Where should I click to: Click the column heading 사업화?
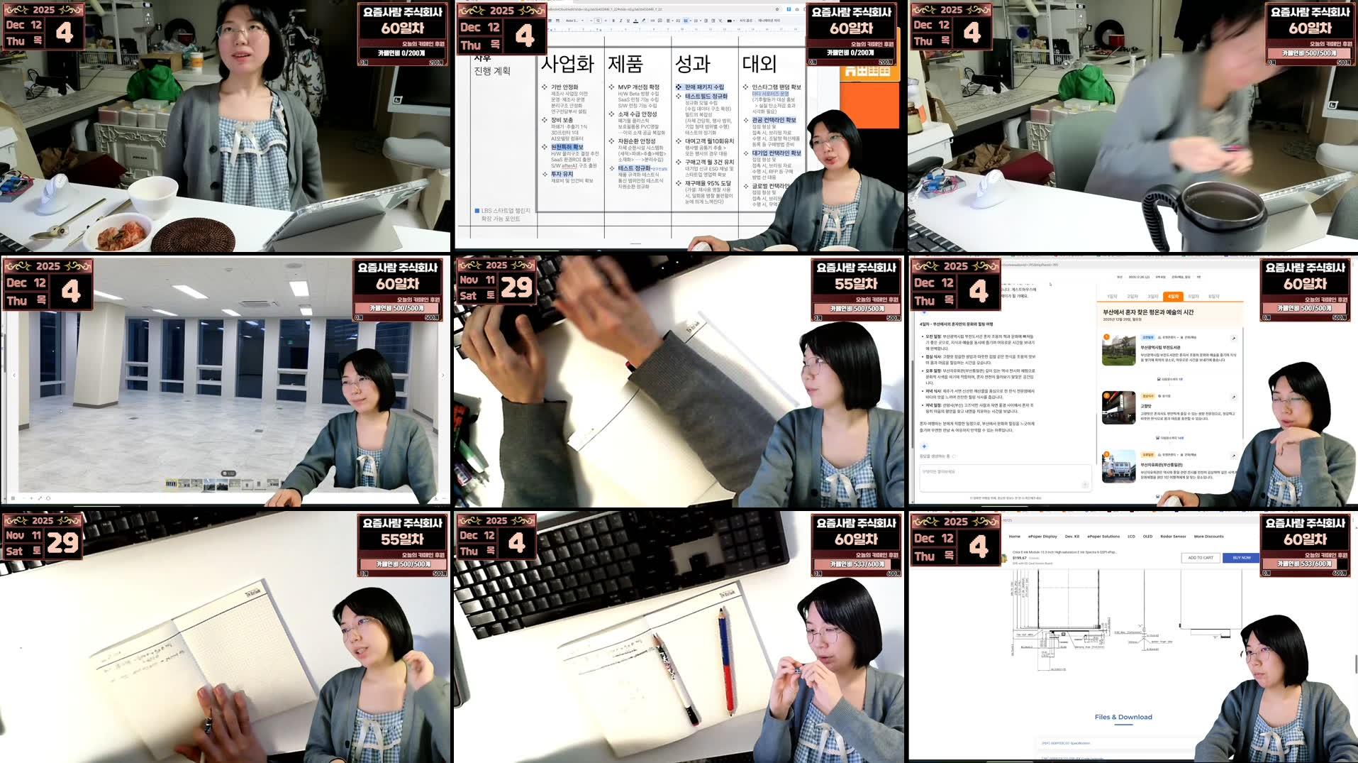[567, 64]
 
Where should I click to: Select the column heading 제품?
[625, 64]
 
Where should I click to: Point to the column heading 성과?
[692, 64]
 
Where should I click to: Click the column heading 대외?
[759, 64]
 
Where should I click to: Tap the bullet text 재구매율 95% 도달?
[708, 183]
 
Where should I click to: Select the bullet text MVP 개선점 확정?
[638, 87]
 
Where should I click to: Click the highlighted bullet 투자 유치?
[562, 174]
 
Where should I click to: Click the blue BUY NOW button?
[1241, 558]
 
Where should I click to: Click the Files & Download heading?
[1123, 717]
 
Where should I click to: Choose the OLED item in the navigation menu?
[1147, 537]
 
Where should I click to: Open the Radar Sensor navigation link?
[1173, 537]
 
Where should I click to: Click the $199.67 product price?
[1020, 558]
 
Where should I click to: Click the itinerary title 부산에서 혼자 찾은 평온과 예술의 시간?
[1147, 312]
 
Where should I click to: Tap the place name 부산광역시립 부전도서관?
[1160, 348]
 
